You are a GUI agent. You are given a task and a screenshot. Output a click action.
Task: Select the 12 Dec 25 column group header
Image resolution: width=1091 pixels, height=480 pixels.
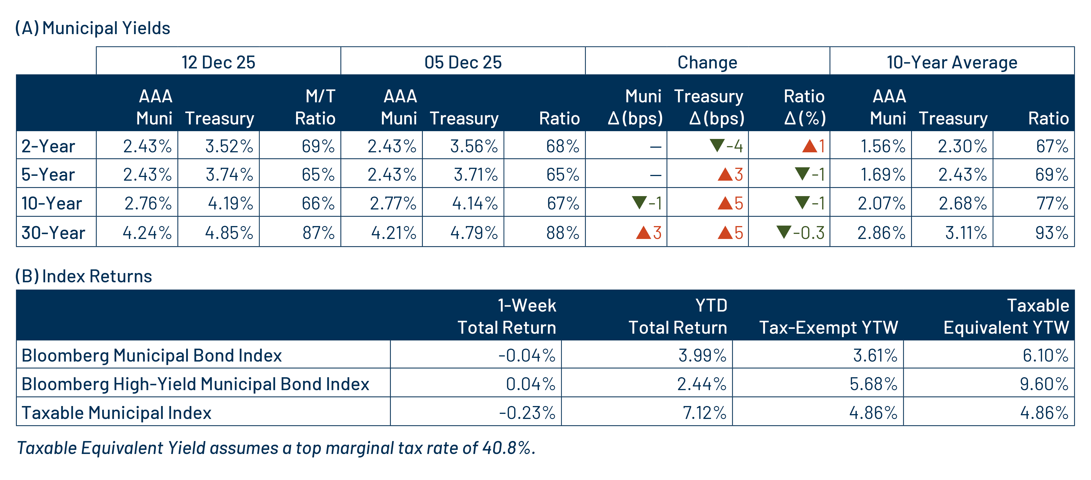[x=218, y=62]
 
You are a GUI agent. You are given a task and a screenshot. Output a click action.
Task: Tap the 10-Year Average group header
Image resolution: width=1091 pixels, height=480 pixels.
[x=952, y=62]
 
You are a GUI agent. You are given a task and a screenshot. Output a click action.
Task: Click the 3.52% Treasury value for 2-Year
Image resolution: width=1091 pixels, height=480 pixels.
[x=229, y=146]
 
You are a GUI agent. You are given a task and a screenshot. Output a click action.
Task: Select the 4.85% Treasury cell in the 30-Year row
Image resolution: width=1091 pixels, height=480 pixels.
[x=229, y=233]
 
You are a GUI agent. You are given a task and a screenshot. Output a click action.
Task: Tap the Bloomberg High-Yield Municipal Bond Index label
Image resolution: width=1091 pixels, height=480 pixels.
[x=195, y=384]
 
